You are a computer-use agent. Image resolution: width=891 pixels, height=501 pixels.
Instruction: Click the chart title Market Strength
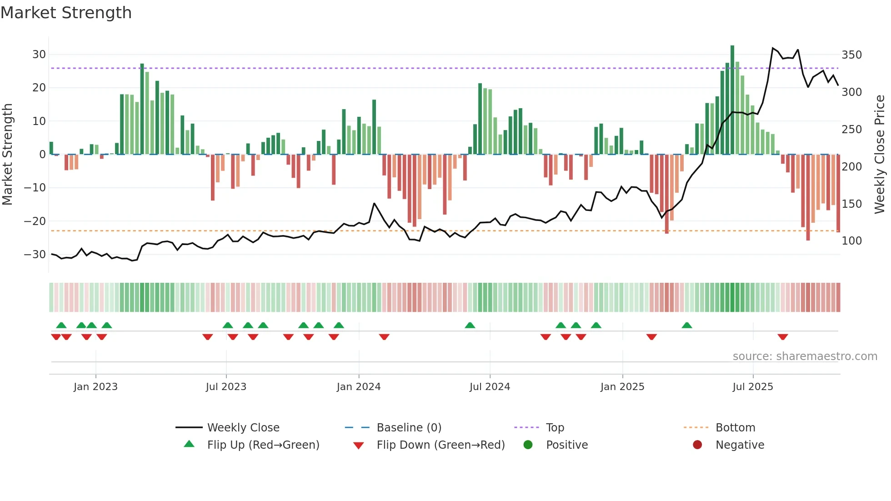coord(66,13)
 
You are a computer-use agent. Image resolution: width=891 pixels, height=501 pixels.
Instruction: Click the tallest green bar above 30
coord(732,100)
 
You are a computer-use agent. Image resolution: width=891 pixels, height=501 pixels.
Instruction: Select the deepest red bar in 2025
coord(808,197)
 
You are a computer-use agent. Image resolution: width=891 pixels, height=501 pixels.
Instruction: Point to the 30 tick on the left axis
coord(39,55)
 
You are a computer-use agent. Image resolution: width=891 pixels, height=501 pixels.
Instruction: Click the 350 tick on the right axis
coord(851,55)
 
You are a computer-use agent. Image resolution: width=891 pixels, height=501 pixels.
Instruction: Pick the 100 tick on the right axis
coord(851,241)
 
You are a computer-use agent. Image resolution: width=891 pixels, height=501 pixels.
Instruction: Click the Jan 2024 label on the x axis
coord(359,387)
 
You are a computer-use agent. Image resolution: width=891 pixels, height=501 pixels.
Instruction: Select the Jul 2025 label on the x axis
coord(753,387)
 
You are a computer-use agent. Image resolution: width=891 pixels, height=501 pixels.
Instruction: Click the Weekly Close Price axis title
coord(880,155)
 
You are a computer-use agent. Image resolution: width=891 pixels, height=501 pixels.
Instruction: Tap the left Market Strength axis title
coord(8,155)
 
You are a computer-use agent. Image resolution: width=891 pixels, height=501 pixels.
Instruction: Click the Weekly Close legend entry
coord(243,428)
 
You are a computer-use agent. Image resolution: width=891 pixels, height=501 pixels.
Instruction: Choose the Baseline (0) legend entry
coord(409,428)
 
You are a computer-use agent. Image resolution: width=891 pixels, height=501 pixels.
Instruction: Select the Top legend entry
coord(555,428)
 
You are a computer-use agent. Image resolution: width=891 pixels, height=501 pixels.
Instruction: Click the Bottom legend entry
coord(735,428)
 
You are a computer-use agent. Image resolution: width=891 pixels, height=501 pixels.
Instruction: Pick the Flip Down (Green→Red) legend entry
coord(440,445)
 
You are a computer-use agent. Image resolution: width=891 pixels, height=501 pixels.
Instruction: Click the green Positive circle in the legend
coord(528,445)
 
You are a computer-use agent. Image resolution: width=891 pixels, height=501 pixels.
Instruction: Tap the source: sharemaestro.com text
coord(805,356)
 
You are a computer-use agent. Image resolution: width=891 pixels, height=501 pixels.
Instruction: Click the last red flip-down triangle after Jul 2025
coord(782,337)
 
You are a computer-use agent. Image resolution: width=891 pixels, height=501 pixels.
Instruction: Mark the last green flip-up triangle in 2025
coord(687,325)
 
